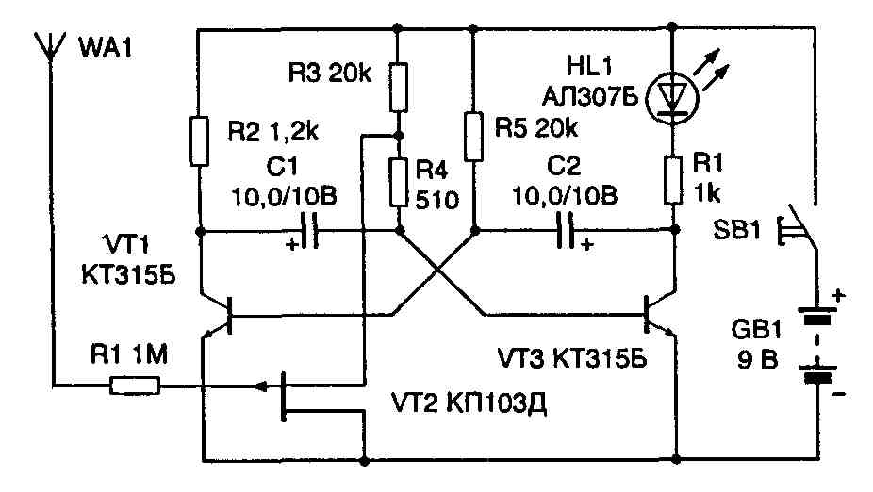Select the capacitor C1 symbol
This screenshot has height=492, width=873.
[310, 230]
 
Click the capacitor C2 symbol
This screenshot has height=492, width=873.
[568, 229]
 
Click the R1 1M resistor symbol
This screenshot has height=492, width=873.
[135, 385]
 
